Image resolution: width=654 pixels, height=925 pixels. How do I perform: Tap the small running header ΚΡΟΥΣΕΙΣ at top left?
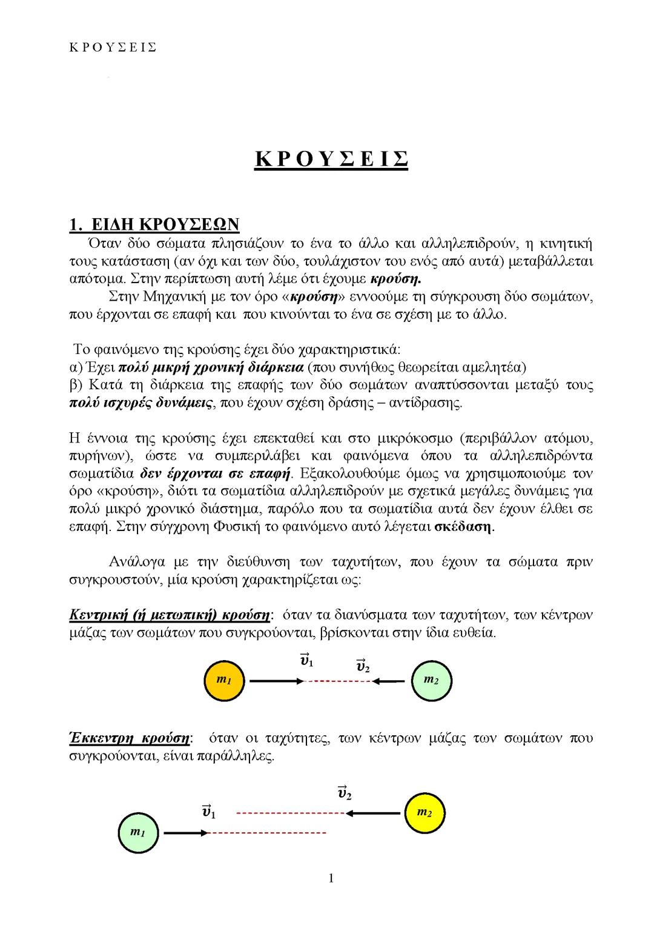point(113,47)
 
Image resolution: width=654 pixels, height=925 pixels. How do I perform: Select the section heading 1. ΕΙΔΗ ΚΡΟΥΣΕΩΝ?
point(154,225)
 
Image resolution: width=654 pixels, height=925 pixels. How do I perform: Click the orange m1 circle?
point(225,681)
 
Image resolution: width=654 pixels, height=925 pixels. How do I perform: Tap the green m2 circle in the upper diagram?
point(431,680)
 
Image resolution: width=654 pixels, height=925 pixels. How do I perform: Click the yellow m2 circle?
point(424,812)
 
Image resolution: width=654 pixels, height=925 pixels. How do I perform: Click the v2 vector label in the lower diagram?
point(345,792)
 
